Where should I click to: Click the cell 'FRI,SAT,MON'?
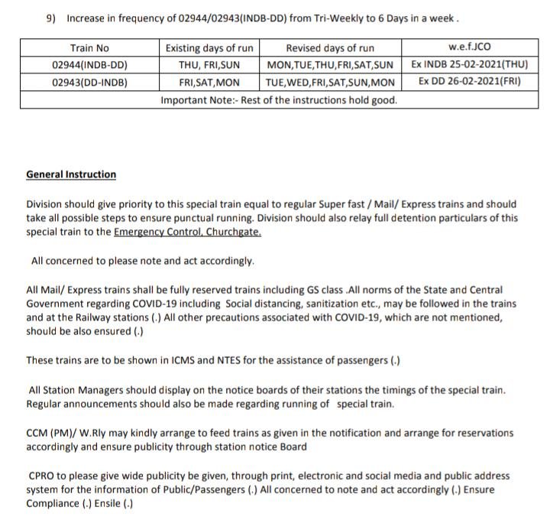click(209, 82)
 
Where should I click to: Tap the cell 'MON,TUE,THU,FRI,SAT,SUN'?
click(330, 65)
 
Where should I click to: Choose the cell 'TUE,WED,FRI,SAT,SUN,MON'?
click(330, 82)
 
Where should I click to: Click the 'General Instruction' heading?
click(71, 174)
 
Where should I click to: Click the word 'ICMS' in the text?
click(171, 360)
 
